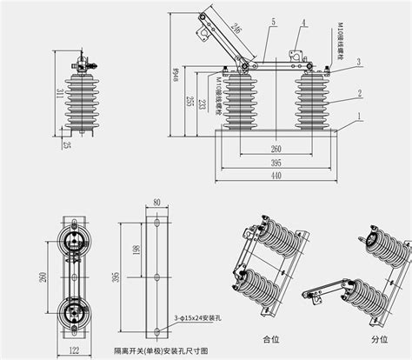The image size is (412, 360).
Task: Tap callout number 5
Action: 273,21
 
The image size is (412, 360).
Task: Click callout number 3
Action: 358,62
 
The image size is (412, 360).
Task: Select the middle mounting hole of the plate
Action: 157,277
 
